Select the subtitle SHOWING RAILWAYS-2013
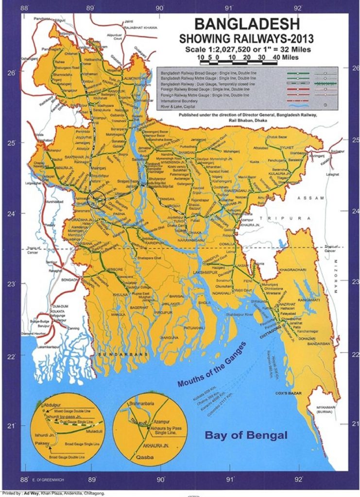tap(246, 38)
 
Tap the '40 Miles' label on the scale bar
tap(282, 57)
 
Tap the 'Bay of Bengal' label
tap(246, 435)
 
